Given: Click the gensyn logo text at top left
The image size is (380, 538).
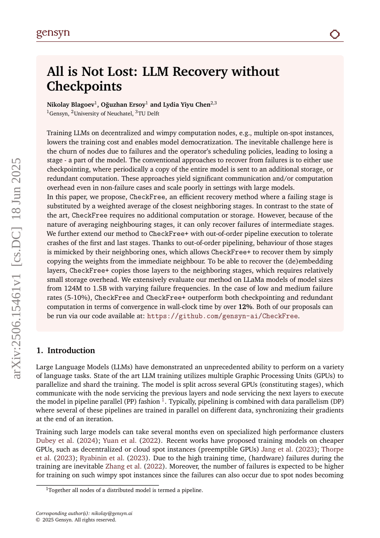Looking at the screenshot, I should click(x=53, y=34).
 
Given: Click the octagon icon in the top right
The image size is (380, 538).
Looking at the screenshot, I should click(x=335, y=34).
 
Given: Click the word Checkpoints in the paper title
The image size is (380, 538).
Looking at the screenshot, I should click(x=84, y=86).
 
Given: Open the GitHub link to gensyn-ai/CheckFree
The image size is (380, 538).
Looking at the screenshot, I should click(x=222, y=316).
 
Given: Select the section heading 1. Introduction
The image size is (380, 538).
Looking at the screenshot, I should click(x=66, y=350).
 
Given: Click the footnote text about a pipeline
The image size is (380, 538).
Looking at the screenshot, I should click(x=125, y=490).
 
